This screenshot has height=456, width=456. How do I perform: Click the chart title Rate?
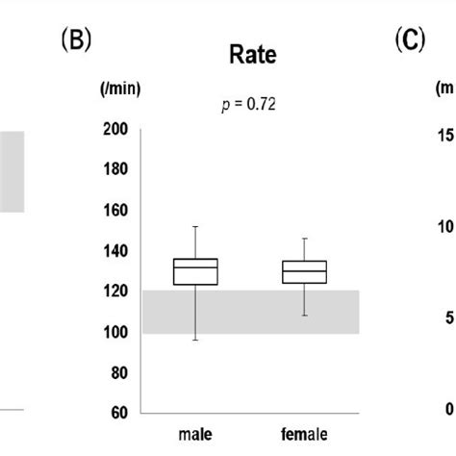[251, 56]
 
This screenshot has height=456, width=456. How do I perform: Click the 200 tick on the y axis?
[116, 130]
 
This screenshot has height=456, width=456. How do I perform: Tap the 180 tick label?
[116, 170]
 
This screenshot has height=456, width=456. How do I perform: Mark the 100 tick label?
[116, 332]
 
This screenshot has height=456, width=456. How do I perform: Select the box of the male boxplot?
[195, 271]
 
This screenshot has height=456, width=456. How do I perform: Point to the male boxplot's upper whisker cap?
[195, 227]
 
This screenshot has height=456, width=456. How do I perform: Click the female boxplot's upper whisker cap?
[305, 238]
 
